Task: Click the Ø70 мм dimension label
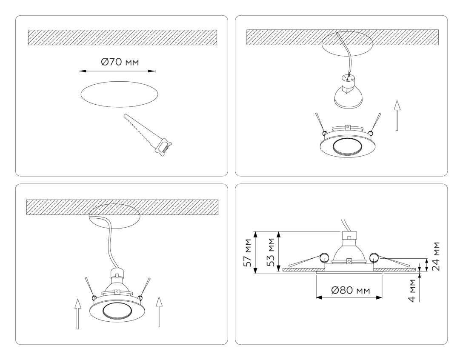pyautogui.click(x=120, y=62)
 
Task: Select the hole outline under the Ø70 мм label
pyautogui.click(x=120, y=94)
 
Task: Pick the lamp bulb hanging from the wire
pyautogui.click(x=348, y=94)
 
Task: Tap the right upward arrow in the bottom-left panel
pyautogui.click(x=159, y=311)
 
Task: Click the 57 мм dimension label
pyautogui.click(x=247, y=253)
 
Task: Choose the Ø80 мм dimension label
pyautogui.click(x=350, y=291)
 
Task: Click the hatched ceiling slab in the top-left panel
pyautogui.click(x=123, y=37)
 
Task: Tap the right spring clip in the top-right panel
pyautogui.click(x=375, y=123)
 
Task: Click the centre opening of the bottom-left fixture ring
pyautogui.click(x=116, y=310)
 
